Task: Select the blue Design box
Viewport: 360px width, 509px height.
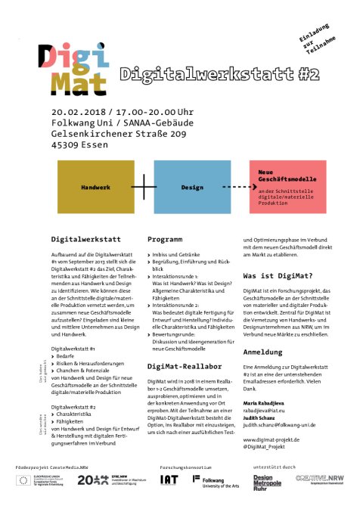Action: click(192, 185)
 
